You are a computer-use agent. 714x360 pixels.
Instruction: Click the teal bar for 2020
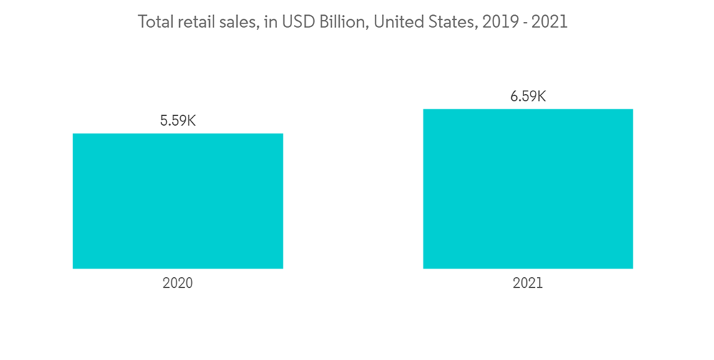(x=178, y=201)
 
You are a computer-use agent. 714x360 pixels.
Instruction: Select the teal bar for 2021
(x=528, y=189)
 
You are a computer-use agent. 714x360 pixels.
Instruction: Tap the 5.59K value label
(x=178, y=121)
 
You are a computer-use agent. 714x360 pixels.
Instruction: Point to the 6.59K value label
(x=528, y=96)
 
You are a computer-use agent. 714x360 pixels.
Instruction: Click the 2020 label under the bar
(x=178, y=283)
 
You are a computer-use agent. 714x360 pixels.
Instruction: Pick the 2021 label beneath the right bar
(x=528, y=283)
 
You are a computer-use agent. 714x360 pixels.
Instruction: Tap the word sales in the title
(x=233, y=22)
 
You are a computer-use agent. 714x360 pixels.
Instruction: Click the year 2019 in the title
(x=498, y=22)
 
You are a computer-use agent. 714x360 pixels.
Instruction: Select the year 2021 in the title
(x=550, y=22)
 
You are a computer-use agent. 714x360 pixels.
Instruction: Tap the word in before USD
(x=269, y=22)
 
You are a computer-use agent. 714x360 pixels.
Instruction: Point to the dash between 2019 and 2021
(x=524, y=23)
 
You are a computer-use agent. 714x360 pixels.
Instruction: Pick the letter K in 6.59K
(x=540, y=96)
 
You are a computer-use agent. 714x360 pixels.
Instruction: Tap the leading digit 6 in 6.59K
(x=514, y=96)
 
